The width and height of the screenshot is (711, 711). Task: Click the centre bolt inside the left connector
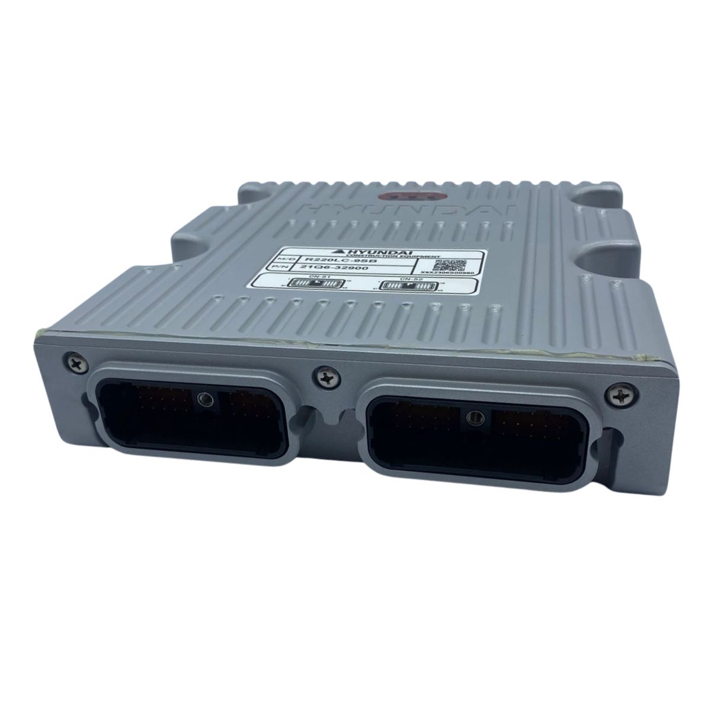[205, 398]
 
